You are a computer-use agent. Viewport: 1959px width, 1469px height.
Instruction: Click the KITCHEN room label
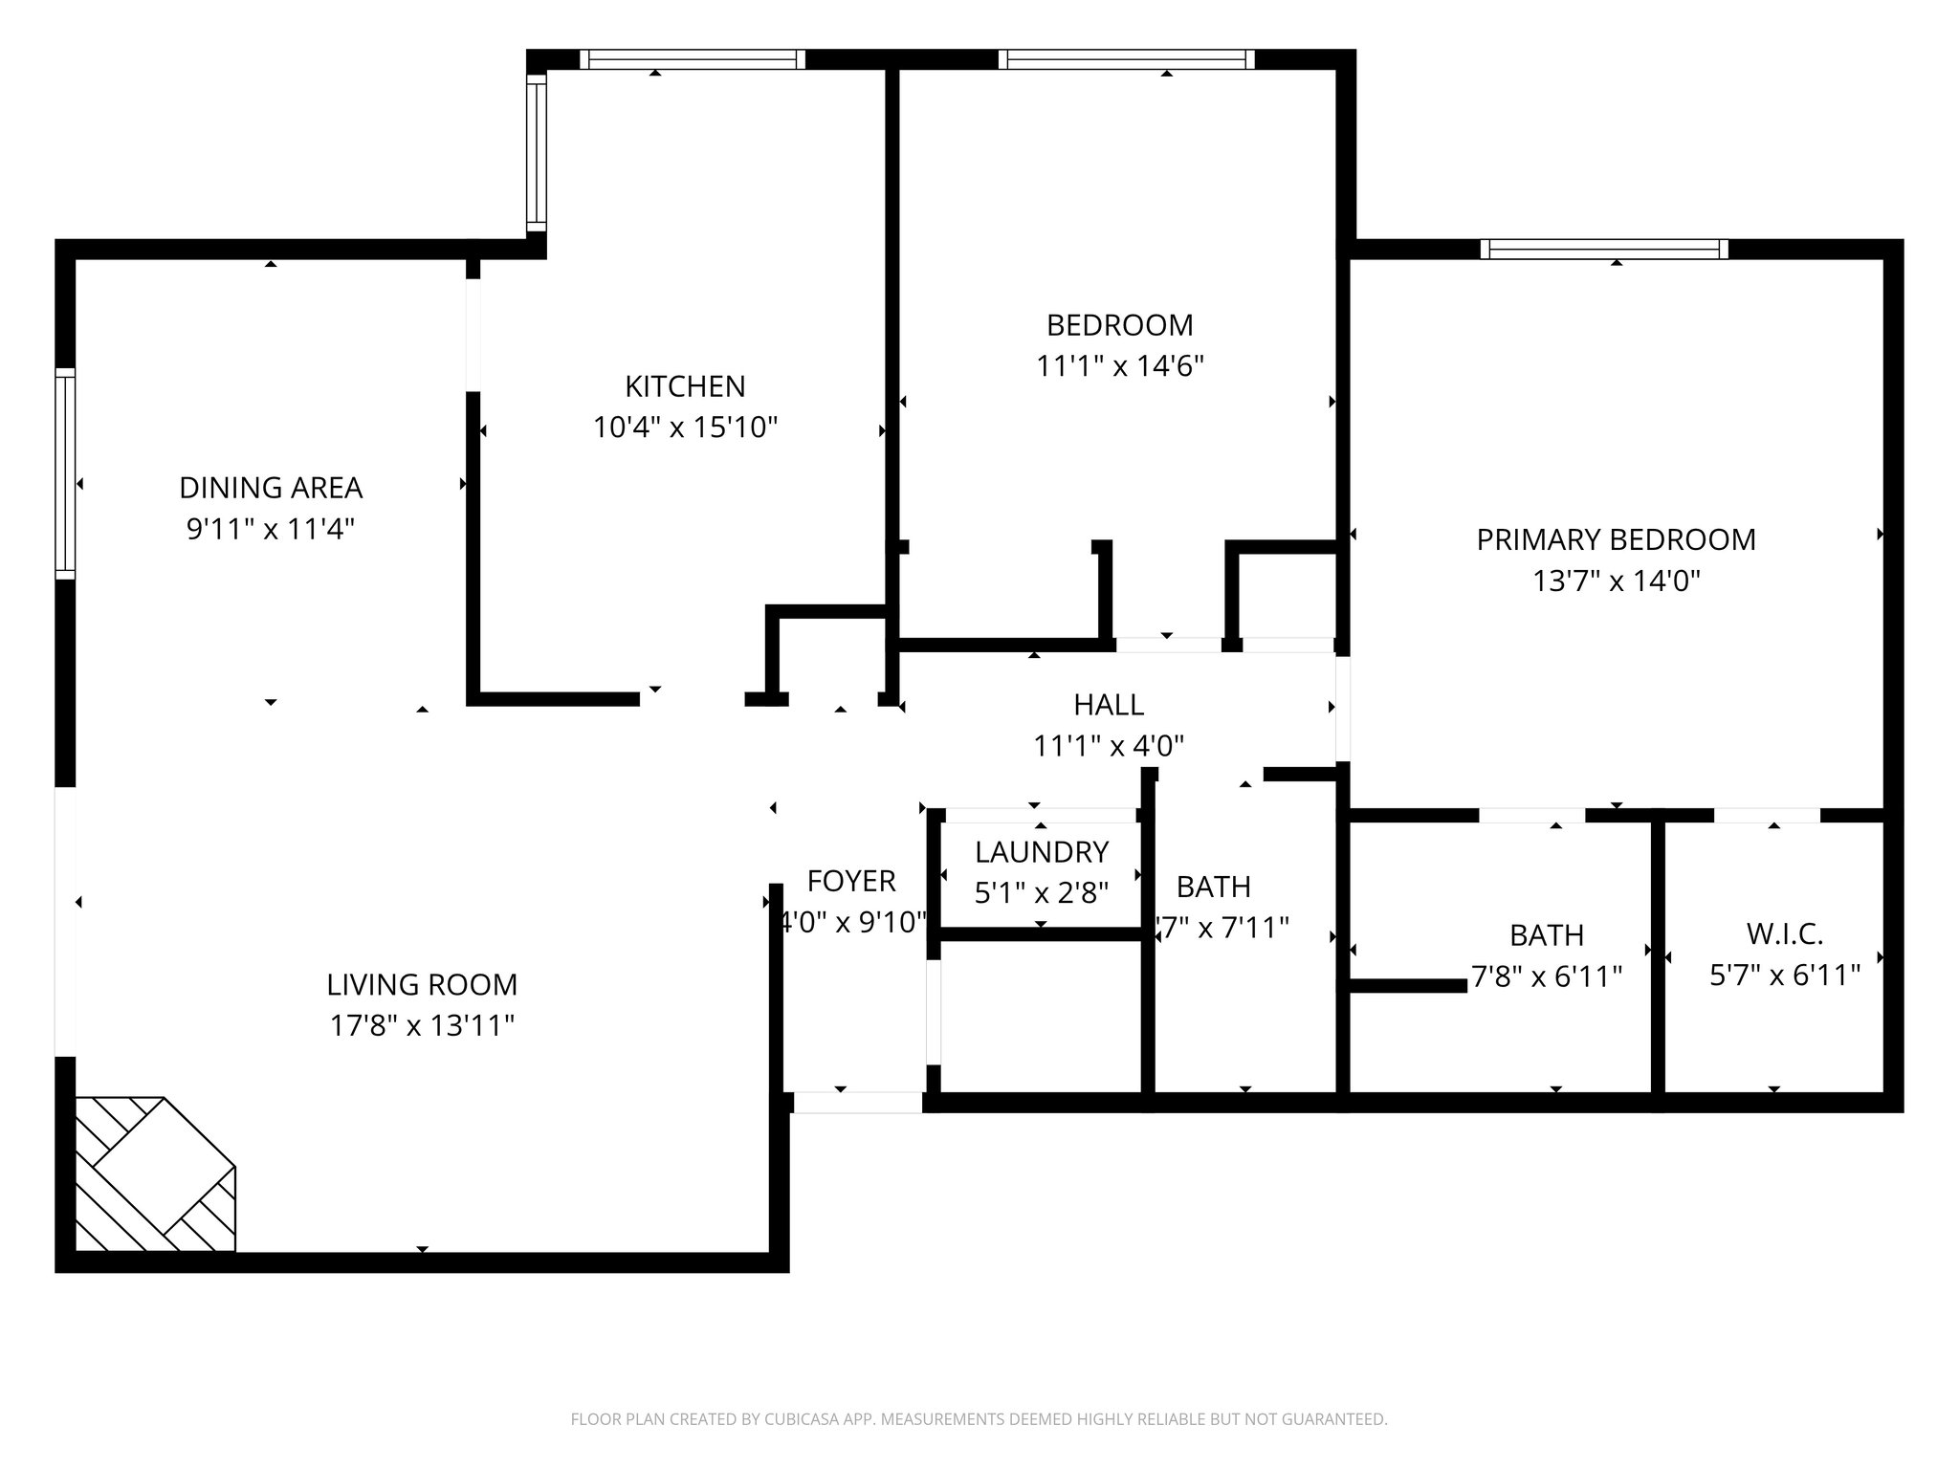click(x=685, y=386)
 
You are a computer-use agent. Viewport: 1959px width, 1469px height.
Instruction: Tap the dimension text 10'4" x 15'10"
click(x=685, y=428)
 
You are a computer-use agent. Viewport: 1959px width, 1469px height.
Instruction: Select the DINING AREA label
click(x=271, y=488)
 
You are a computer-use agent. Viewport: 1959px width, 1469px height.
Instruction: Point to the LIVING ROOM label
click(x=422, y=985)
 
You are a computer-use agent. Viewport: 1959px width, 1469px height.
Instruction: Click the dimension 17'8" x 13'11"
click(x=422, y=1026)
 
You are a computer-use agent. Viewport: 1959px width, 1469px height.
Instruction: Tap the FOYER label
click(x=851, y=881)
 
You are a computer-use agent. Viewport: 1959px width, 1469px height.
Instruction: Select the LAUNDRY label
click(x=1042, y=851)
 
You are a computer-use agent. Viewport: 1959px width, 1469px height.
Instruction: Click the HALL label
click(x=1109, y=705)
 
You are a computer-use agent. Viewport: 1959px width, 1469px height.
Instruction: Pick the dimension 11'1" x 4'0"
click(x=1109, y=746)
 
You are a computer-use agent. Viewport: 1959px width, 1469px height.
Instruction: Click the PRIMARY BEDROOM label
click(x=1616, y=539)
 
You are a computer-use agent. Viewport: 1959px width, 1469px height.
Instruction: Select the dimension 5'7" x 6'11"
click(x=1784, y=976)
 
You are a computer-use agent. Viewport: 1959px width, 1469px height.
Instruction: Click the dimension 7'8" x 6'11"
click(x=1547, y=976)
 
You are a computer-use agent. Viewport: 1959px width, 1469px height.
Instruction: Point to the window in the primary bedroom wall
click(x=1604, y=250)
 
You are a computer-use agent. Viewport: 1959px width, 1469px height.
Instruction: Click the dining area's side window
click(x=65, y=473)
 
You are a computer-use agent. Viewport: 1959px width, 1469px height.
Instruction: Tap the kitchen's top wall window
click(x=693, y=59)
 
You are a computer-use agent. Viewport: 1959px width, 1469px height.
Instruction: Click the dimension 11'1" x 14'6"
click(x=1119, y=366)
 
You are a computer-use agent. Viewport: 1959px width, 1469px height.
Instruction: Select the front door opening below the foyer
click(x=857, y=1103)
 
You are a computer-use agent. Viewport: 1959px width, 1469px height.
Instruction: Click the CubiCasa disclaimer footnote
click(x=979, y=1419)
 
